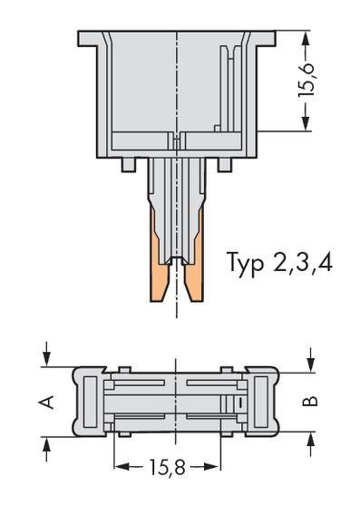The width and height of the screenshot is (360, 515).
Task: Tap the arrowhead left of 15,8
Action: click(x=119, y=467)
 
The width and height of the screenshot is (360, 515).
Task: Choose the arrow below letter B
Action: click(x=310, y=440)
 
